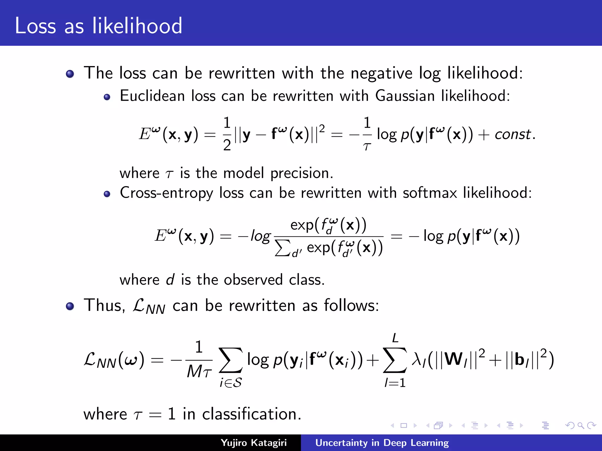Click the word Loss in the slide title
point(35,26)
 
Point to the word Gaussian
point(405,96)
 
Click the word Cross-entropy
point(166,193)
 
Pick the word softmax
point(429,193)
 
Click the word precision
point(302,173)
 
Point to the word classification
point(252,414)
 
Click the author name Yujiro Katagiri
point(253,443)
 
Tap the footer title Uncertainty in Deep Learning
point(382,443)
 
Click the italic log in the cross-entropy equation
point(260,236)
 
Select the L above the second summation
point(395,338)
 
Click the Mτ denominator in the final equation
point(199,372)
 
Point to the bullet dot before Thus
point(70,307)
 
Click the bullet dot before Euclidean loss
point(107,97)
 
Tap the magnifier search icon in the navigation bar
point(581,425)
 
